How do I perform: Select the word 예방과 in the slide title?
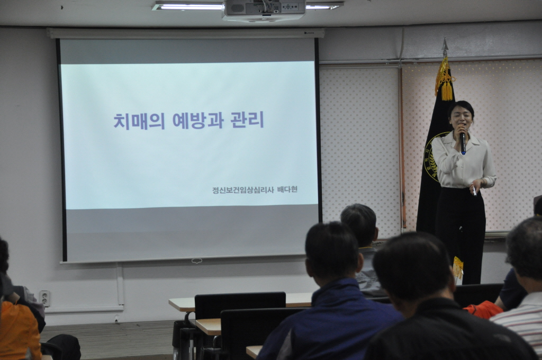click(x=198, y=120)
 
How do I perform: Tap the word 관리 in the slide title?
click(x=247, y=120)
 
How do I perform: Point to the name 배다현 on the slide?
click(x=287, y=190)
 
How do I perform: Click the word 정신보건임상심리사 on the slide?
click(x=243, y=190)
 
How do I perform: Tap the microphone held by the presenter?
click(x=463, y=142)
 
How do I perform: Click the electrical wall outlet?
click(x=45, y=298)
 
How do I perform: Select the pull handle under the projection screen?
click(x=197, y=261)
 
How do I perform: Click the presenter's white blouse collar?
click(x=462, y=137)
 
